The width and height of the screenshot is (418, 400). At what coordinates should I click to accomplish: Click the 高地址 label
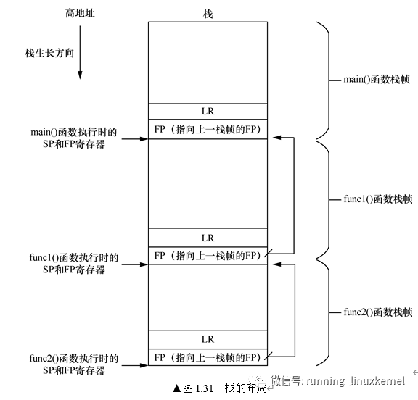(x=80, y=13)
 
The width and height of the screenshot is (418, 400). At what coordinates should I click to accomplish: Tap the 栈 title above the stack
(x=208, y=14)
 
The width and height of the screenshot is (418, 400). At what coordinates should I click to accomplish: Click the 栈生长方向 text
(x=49, y=53)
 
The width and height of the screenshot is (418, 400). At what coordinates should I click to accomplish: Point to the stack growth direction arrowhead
(x=80, y=75)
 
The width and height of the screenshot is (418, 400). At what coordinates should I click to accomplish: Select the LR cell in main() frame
(x=208, y=112)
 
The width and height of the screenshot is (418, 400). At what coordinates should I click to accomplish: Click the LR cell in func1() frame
(x=208, y=238)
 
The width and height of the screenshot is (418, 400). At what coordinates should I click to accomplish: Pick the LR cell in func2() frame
(x=208, y=339)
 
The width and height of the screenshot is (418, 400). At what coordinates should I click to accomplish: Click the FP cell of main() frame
(x=208, y=129)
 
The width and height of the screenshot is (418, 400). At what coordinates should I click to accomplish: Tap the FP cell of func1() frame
(x=208, y=256)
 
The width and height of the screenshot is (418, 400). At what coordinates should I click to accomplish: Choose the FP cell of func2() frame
(x=208, y=357)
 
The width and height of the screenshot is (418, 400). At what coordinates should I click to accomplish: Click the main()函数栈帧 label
(x=377, y=79)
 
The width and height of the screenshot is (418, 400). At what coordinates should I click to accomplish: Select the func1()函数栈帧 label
(x=378, y=199)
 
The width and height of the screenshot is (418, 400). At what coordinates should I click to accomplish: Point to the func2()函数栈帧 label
(x=378, y=312)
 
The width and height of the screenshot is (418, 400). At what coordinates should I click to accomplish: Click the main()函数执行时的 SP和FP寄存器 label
(x=74, y=138)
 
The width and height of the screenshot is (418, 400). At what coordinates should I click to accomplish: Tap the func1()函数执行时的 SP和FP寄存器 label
(x=74, y=264)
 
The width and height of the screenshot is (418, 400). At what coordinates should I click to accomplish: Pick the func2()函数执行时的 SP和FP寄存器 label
(x=74, y=364)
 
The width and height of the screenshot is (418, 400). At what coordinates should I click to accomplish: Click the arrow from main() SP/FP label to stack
(x=135, y=138)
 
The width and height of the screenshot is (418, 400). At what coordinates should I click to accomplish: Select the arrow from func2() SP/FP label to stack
(x=135, y=365)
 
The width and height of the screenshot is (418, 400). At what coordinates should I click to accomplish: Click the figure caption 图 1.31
(x=198, y=388)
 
